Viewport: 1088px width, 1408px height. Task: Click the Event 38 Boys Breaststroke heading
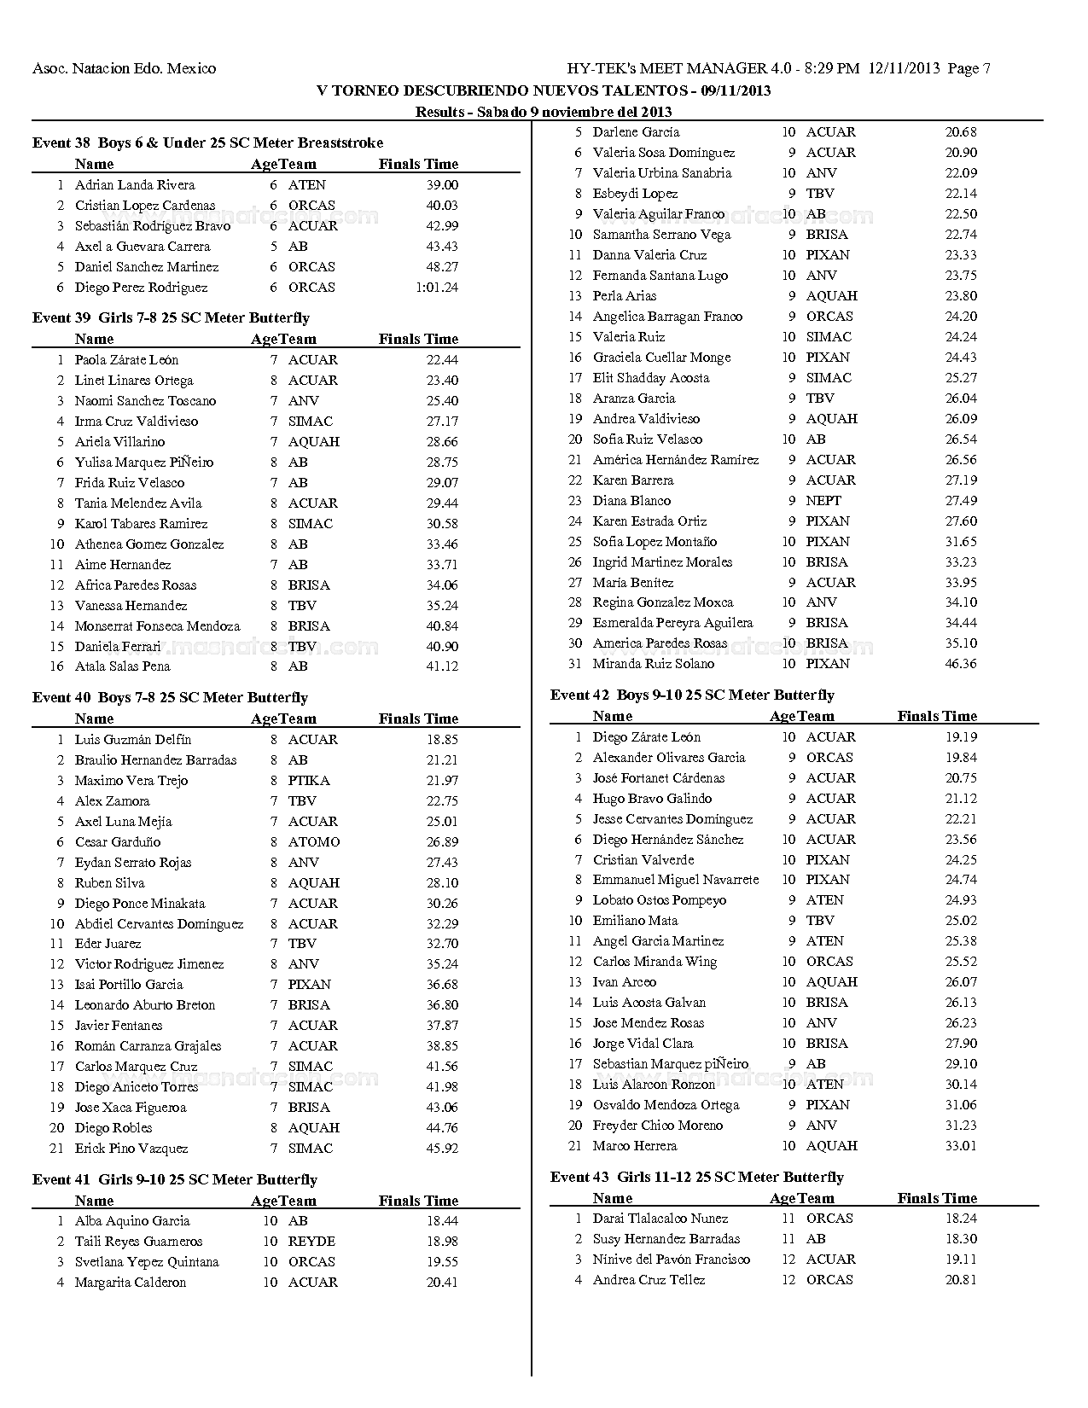pos(207,143)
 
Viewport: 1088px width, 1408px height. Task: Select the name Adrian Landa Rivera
pos(135,185)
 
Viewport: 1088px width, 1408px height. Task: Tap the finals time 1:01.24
pos(436,288)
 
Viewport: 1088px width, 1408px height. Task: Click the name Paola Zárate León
pos(126,360)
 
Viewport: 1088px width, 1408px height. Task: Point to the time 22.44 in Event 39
pos(442,360)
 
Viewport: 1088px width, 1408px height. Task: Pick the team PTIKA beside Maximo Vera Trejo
pos(309,781)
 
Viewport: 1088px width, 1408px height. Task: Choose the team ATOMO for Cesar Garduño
pos(314,842)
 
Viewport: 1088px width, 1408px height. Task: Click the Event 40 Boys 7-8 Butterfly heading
pos(170,698)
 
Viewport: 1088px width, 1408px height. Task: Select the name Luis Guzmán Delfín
pos(133,740)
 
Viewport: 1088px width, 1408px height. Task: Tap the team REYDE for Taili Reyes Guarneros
pos(311,1242)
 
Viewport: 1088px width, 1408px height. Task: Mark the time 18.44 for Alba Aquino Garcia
pos(442,1221)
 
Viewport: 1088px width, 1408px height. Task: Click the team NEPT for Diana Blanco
pos(823,501)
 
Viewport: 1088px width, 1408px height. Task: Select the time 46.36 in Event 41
pos(961,664)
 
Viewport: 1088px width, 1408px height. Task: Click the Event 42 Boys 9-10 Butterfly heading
pos(692,695)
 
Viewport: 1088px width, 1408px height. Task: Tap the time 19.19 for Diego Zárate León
pos(961,737)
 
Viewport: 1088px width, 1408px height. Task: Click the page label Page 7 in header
pos(969,69)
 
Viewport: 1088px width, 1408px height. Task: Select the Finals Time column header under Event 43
pos(937,1198)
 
